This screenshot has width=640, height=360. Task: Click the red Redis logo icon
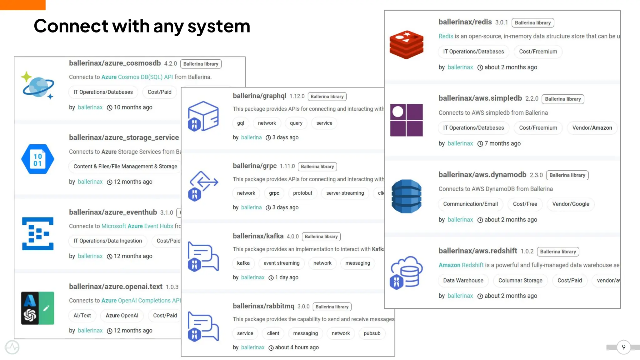pos(406,45)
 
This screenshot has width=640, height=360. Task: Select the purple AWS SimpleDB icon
pos(406,120)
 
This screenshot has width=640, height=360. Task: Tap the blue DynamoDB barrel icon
pos(406,196)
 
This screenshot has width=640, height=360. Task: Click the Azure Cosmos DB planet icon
pos(38,86)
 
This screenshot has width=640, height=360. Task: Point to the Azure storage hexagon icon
pos(37,159)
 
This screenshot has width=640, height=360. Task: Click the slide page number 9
pos(623,347)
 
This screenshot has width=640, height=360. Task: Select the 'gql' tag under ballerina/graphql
pos(240,123)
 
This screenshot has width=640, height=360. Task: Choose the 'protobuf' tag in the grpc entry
pos(302,193)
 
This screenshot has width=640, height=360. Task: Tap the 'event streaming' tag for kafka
pos(281,263)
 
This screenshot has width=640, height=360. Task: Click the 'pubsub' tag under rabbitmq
pos(372,333)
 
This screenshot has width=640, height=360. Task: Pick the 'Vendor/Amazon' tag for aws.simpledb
pos(592,128)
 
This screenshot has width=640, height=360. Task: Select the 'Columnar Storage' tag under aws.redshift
pos(520,281)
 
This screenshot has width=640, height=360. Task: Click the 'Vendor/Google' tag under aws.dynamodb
pos(571,204)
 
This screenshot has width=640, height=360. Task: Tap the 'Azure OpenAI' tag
pos(122,316)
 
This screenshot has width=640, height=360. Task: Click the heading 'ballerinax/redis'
pos(465,22)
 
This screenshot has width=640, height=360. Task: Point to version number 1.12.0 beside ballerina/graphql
pos(297,96)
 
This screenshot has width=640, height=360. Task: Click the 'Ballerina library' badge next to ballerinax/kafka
pos(321,237)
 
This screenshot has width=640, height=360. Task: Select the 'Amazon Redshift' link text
pos(461,265)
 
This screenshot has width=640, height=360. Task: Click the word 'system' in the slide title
pos(219,26)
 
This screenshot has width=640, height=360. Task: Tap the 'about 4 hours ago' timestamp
pos(297,347)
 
